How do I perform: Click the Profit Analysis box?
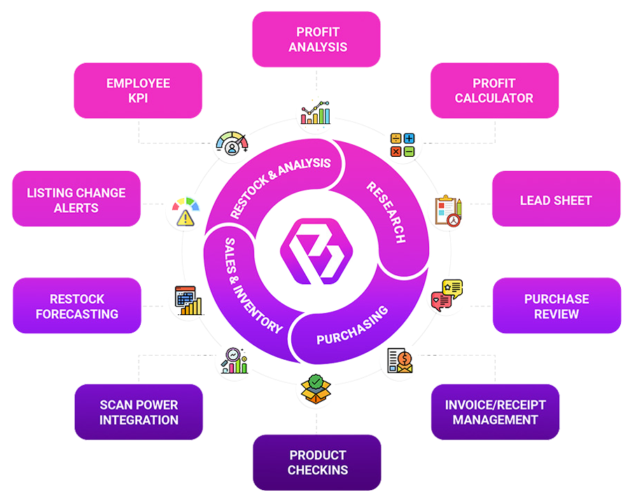click(316, 40)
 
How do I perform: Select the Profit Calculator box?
click(494, 91)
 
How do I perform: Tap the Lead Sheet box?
click(556, 200)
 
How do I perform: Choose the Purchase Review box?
click(556, 306)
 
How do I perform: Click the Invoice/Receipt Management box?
click(495, 412)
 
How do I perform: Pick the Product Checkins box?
click(317, 462)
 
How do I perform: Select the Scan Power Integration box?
click(139, 412)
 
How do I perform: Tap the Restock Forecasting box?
click(77, 306)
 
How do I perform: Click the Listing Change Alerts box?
click(76, 200)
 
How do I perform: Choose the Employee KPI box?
click(138, 91)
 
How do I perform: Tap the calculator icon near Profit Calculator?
click(402, 145)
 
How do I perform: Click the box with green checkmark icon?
click(316, 387)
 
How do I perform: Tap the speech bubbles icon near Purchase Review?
click(447, 294)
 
